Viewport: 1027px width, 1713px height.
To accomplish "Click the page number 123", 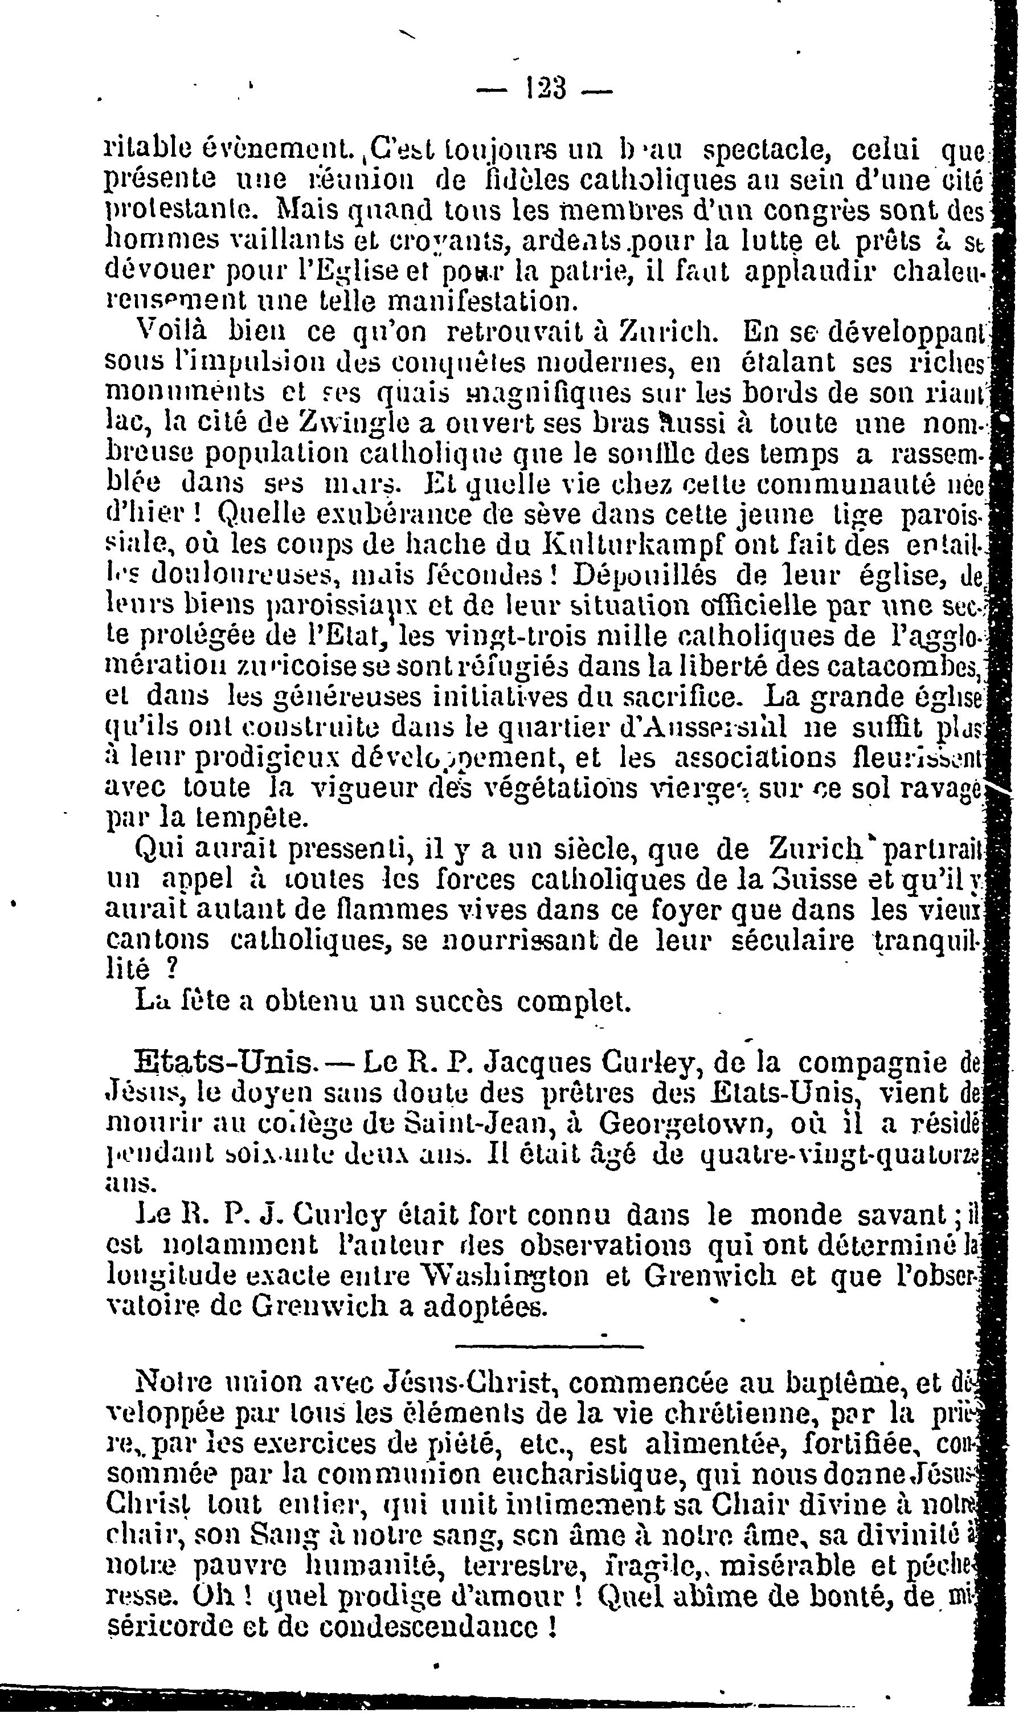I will [x=546, y=89].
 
